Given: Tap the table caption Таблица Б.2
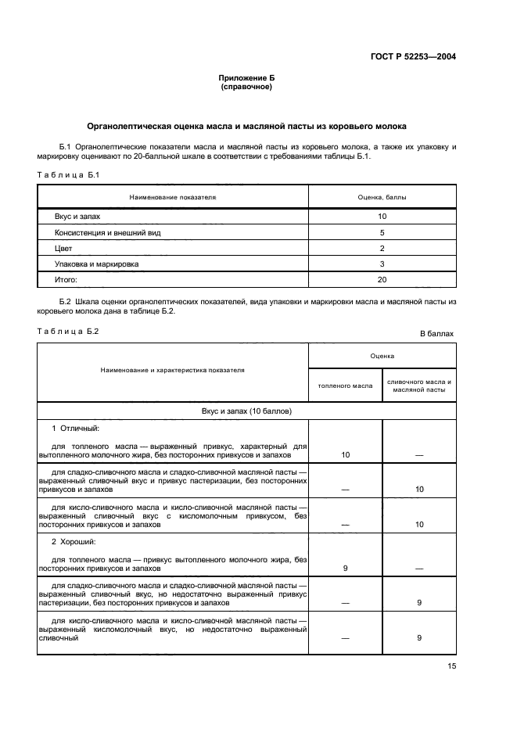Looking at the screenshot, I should pyautogui.click(x=68, y=331).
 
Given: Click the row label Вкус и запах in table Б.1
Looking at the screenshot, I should pyautogui.click(x=77, y=216).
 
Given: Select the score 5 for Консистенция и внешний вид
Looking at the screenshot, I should pyautogui.click(x=382, y=232).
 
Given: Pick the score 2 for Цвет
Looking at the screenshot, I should pyautogui.click(x=382, y=248).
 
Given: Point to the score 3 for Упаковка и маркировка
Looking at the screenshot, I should pyautogui.click(x=382, y=264).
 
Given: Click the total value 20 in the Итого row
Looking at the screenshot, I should pyautogui.click(x=382, y=279).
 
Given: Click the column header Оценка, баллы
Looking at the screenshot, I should pyautogui.click(x=382, y=197).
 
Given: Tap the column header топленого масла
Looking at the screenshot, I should pyautogui.click(x=345, y=386).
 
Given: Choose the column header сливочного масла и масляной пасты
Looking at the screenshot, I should pyautogui.click(x=419, y=386).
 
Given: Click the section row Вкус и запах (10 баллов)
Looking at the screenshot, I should pyautogui.click(x=246, y=410).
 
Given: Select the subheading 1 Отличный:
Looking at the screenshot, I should pyautogui.click(x=76, y=429).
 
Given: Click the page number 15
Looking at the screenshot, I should pyautogui.click(x=451, y=666).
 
